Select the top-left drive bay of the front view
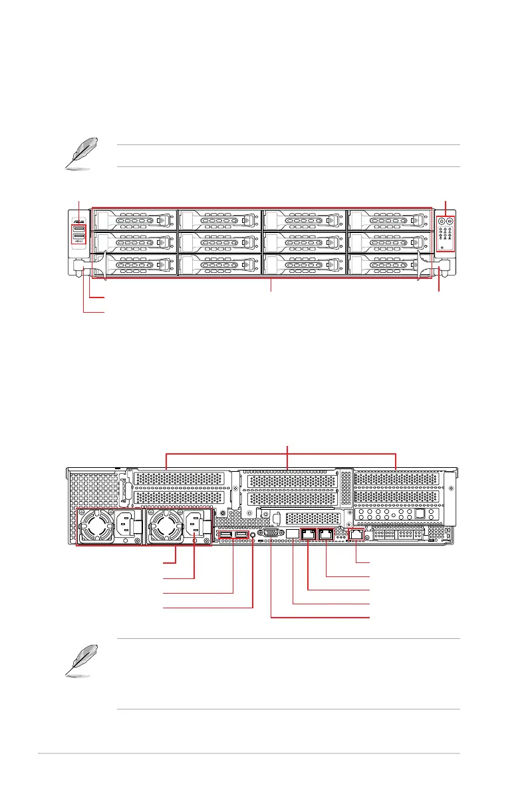coord(136,220)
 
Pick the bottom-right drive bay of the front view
coord(388,265)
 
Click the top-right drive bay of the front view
coord(388,220)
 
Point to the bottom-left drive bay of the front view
coord(136,265)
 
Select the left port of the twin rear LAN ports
coord(309,534)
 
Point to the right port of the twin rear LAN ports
coord(326,534)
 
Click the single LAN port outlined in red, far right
coord(356,534)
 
